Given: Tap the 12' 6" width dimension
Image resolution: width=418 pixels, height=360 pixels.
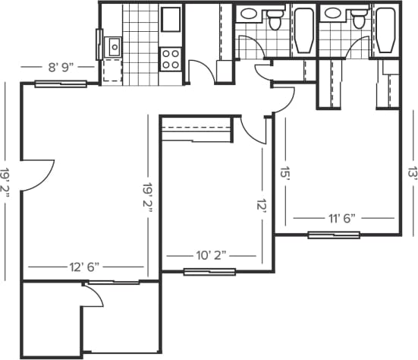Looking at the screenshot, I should [x=84, y=267].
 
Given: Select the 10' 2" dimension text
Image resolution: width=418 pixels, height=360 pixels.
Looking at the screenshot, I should [x=212, y=255].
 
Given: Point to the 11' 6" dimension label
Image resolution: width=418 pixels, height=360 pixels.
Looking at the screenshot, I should [x=342, y=218].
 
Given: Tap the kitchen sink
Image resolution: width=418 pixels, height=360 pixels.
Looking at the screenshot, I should [x=115, y=47].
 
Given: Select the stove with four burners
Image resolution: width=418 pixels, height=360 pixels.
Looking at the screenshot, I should [x=171, y=59].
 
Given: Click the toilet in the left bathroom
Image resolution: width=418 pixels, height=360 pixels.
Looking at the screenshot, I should [x=275, y=21].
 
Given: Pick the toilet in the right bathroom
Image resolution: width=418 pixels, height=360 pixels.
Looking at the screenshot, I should [x=357, y=21].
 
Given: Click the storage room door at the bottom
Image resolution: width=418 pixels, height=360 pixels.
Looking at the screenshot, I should [x=93, y=294].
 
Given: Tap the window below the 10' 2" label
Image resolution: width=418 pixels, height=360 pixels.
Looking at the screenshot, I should [x=209, y=271].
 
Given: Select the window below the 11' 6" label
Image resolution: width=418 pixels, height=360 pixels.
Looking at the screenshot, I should [x=334, y=235].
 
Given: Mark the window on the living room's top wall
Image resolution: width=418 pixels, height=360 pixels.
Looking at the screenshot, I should [x=60, y=84].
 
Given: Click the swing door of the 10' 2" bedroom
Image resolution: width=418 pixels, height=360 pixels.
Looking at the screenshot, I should [x=253, y=129].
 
